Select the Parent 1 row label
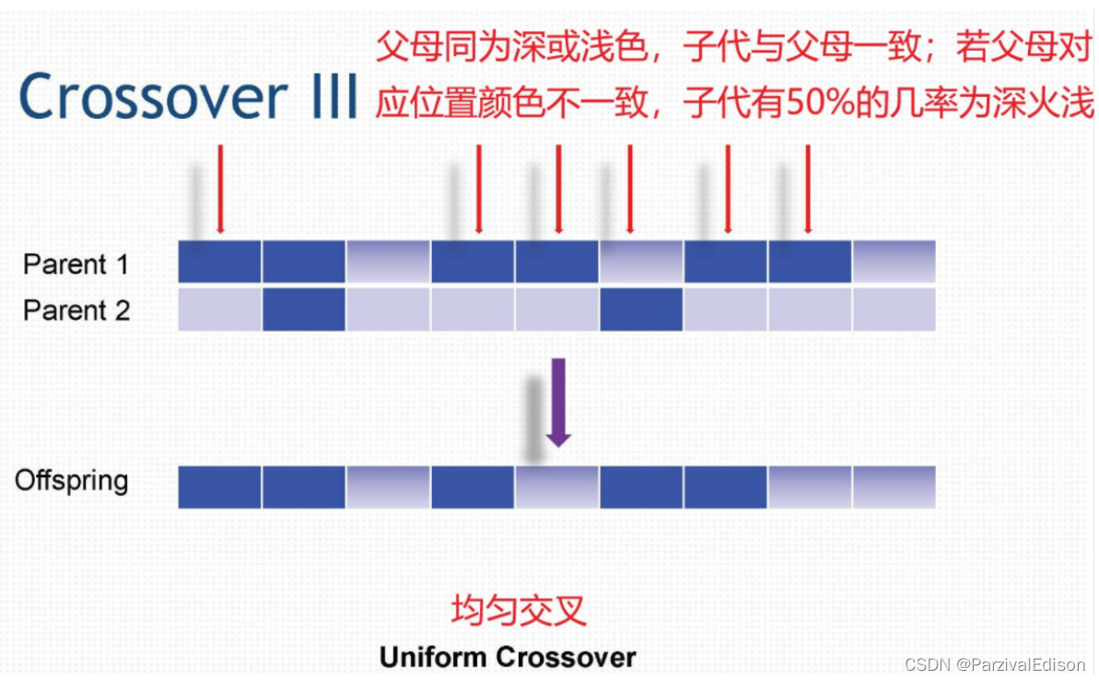coord(76,264)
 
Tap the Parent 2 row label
coord(76,311)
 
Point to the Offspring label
coord(71,480)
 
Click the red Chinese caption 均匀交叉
coord(519,610)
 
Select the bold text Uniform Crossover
coord(508,657)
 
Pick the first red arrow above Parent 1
coord(219,188)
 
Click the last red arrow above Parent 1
coord(808,188)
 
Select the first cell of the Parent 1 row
coord(219,262)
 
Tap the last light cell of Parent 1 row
coord(894,262)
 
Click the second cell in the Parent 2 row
coord(304,310)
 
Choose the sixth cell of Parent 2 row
coord(641,310)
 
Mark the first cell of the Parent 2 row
coord(219,310)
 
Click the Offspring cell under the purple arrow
coord(556,487)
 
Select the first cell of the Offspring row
coord(219,487)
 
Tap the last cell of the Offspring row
coord(894,487)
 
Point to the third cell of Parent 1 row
coord(388,262)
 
